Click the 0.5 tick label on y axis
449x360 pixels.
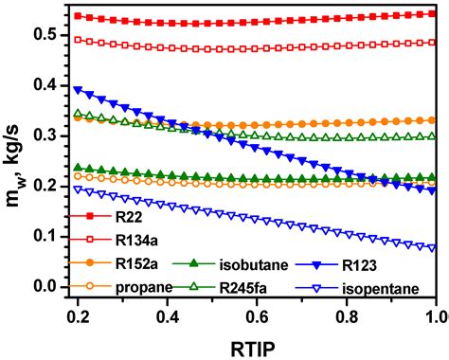tap(46, 34)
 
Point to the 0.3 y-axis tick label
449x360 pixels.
tap(46, 135)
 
